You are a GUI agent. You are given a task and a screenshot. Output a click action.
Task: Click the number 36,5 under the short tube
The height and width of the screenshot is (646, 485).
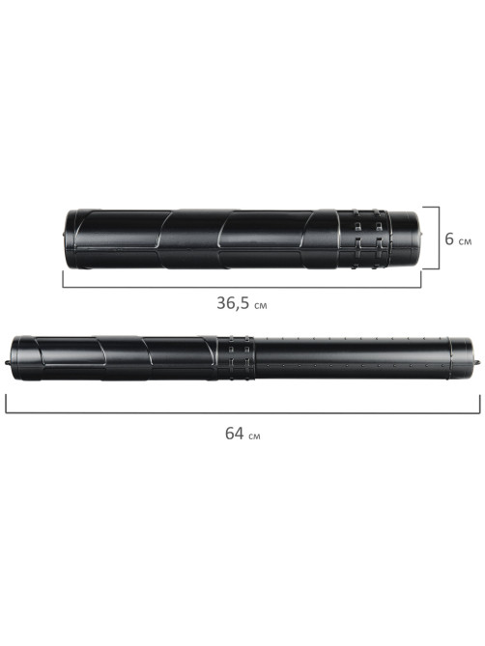(x=233, y=303)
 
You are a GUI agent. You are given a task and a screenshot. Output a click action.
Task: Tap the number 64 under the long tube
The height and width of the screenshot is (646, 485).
(x=235, y=433)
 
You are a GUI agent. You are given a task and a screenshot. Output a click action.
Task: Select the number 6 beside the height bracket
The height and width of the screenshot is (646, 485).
(x=449, y=239)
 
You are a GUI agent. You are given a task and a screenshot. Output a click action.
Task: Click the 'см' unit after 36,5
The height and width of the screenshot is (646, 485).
(x=260, y=305)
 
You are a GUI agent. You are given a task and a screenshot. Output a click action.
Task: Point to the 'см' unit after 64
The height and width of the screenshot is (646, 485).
(x=254, y=435)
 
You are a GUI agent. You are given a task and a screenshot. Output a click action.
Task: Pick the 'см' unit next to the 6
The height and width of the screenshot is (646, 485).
(x=465, y=241)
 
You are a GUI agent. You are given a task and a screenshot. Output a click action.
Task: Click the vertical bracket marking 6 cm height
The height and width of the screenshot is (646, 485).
(x=439, y=239)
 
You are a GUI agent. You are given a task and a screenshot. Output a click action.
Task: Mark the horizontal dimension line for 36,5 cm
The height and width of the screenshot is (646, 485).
(x=242, y=287)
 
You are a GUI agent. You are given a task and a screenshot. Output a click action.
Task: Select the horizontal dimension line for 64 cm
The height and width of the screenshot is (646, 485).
(x=242, y=412)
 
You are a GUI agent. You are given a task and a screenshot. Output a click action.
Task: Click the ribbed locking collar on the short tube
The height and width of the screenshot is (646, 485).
(x=363, y=239)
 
